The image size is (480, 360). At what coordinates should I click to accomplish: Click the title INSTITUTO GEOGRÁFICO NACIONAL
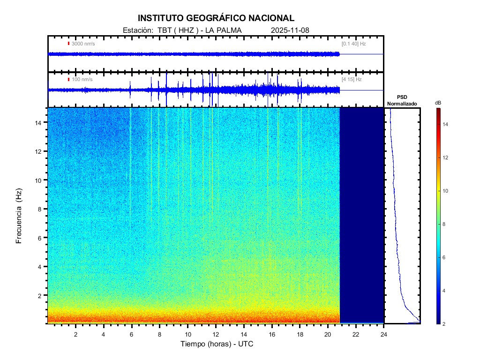click(x=216, y=18)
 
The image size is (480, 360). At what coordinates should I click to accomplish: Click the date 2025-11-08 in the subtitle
click(x=290, y=30)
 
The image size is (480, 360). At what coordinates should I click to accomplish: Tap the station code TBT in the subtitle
click(x=166, y=30)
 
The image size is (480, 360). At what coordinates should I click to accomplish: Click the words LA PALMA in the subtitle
click(x=223, y=30)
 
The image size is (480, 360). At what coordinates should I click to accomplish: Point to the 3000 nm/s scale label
click(x=83, y=44)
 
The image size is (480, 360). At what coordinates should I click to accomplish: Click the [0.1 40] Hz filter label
click(x=353, y=44)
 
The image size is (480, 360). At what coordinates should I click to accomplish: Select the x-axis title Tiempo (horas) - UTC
click(x=217, y=344)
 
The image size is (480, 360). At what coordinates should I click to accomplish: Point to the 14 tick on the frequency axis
click(x=40, y=122)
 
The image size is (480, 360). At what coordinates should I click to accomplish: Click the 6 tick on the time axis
click(x=131, y=334)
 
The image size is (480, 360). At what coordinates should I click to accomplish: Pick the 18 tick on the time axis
click(x=300, y=334)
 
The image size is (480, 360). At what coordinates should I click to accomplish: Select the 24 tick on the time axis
click(x=383, y=334)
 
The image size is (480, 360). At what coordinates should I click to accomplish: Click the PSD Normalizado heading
click(x=402, y=100)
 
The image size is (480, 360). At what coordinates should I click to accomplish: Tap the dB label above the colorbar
click(x=438, y=103)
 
